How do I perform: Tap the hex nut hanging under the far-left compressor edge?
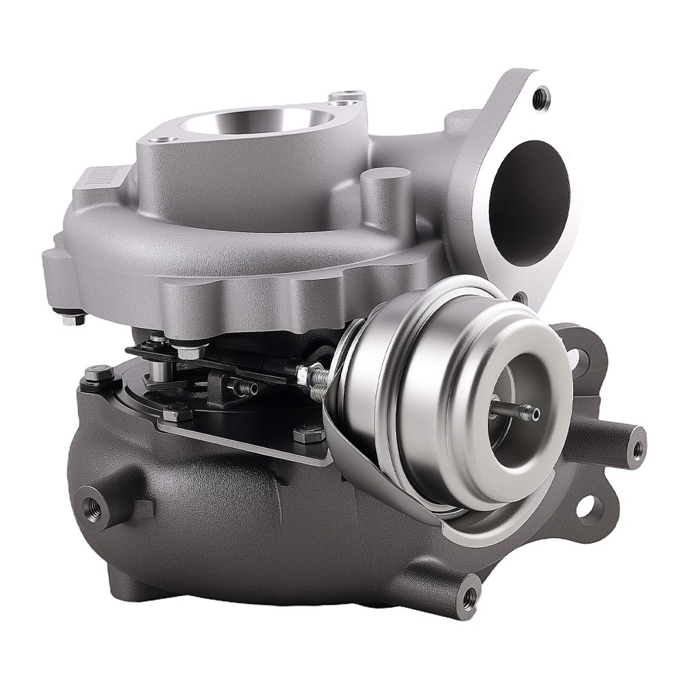pyautogui.click(x=73, y=319)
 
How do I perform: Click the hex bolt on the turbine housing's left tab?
pyautogui.click(x=97, y=375)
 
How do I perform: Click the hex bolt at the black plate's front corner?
pyautogui.click(x=178, y=413)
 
